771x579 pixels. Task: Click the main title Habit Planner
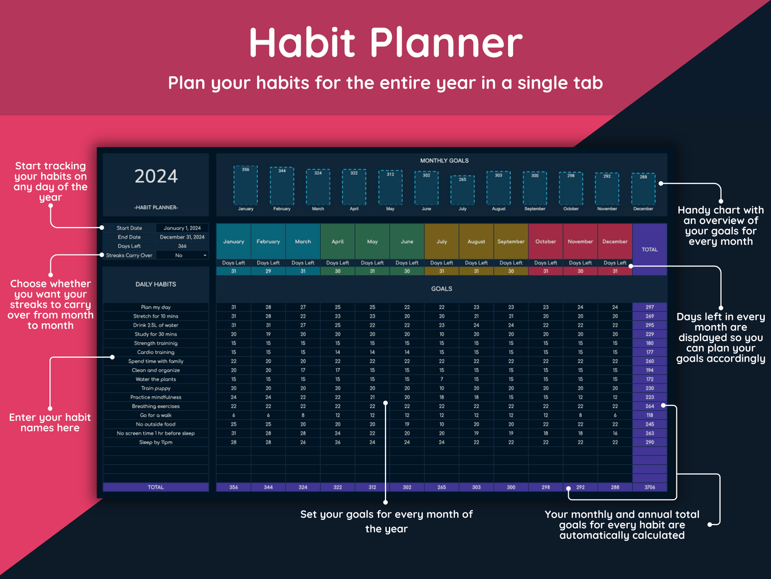(x=385, y=43)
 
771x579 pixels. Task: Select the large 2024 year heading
(x=156, y=176)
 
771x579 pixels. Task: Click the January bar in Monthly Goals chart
(x=246, y=186)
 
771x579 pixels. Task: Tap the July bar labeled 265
(x=462, y=190)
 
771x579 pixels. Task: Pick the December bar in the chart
(x=643, y=188)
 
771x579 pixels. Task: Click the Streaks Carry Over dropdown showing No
(x=182, y=255)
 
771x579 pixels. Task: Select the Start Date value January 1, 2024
(x=182, y=228)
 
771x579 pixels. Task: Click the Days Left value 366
(x=182, y=246)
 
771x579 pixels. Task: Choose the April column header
(x=337, y=241)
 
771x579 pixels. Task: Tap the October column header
(x=545, y=241)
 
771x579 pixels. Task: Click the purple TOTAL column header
(x=650, y=249)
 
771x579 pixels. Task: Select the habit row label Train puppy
(x=156, y=388)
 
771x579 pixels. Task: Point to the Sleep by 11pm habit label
(x=156, y=442)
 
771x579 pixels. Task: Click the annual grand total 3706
(x=650, y=487)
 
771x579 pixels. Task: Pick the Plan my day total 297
(x=650, y=307)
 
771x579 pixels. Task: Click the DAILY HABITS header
(x=156, y=284)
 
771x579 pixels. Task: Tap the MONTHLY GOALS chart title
(x=444, y=161)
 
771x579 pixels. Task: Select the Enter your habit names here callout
(x=50, y=422)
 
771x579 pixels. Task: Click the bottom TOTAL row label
(x=156, y=487)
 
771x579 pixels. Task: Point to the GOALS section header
(x=441, y=289)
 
